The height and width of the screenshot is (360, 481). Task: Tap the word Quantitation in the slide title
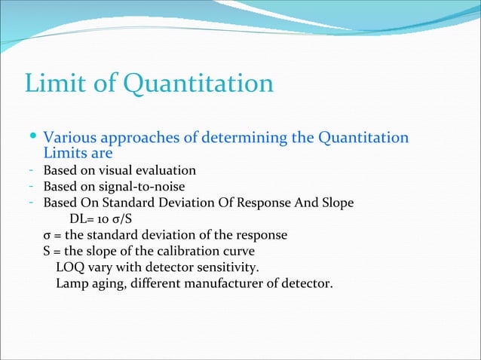click(x=198, y=84)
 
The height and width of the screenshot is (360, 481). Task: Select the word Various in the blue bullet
click(x=69, y=139)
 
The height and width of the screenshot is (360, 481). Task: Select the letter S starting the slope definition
click(x=47, y=251)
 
